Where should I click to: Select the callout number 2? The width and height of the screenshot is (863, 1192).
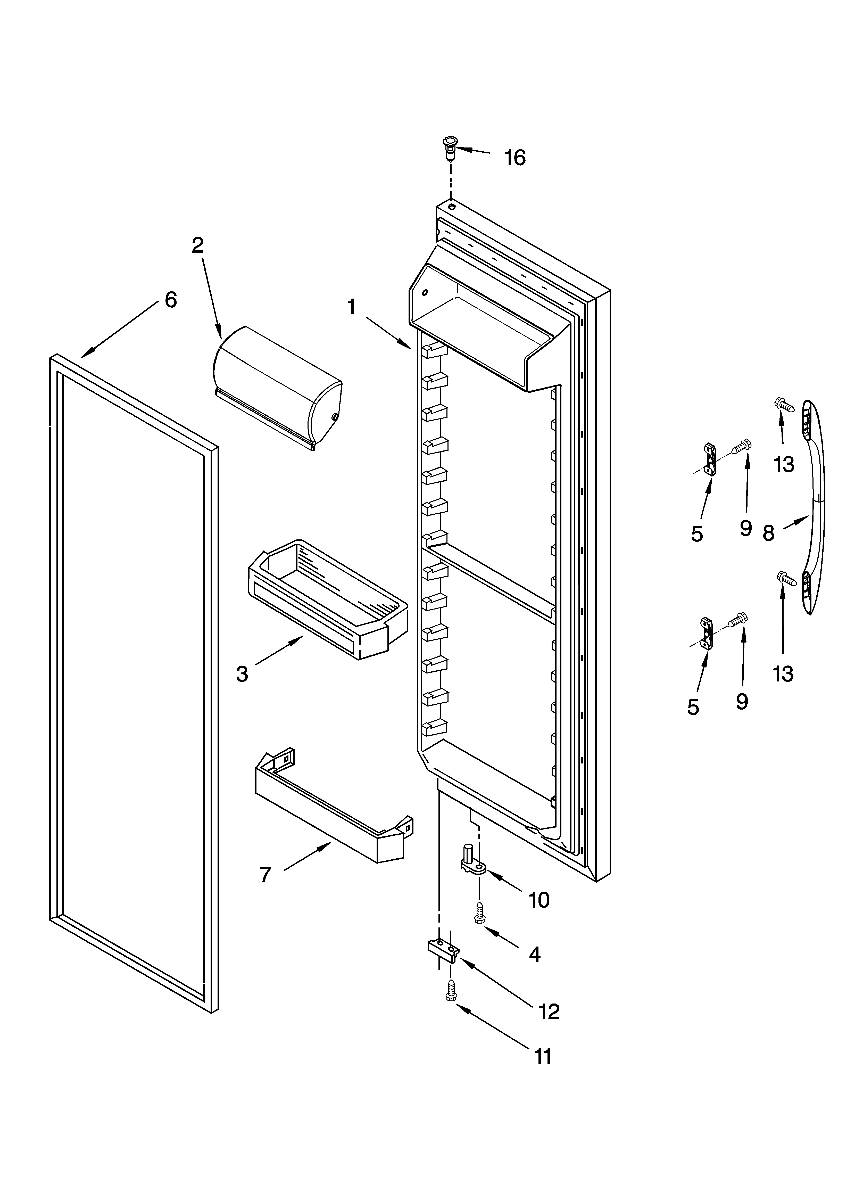[198, 245]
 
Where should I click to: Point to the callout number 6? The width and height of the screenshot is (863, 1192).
[171, 300]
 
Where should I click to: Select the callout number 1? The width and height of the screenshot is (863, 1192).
[352, 307]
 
